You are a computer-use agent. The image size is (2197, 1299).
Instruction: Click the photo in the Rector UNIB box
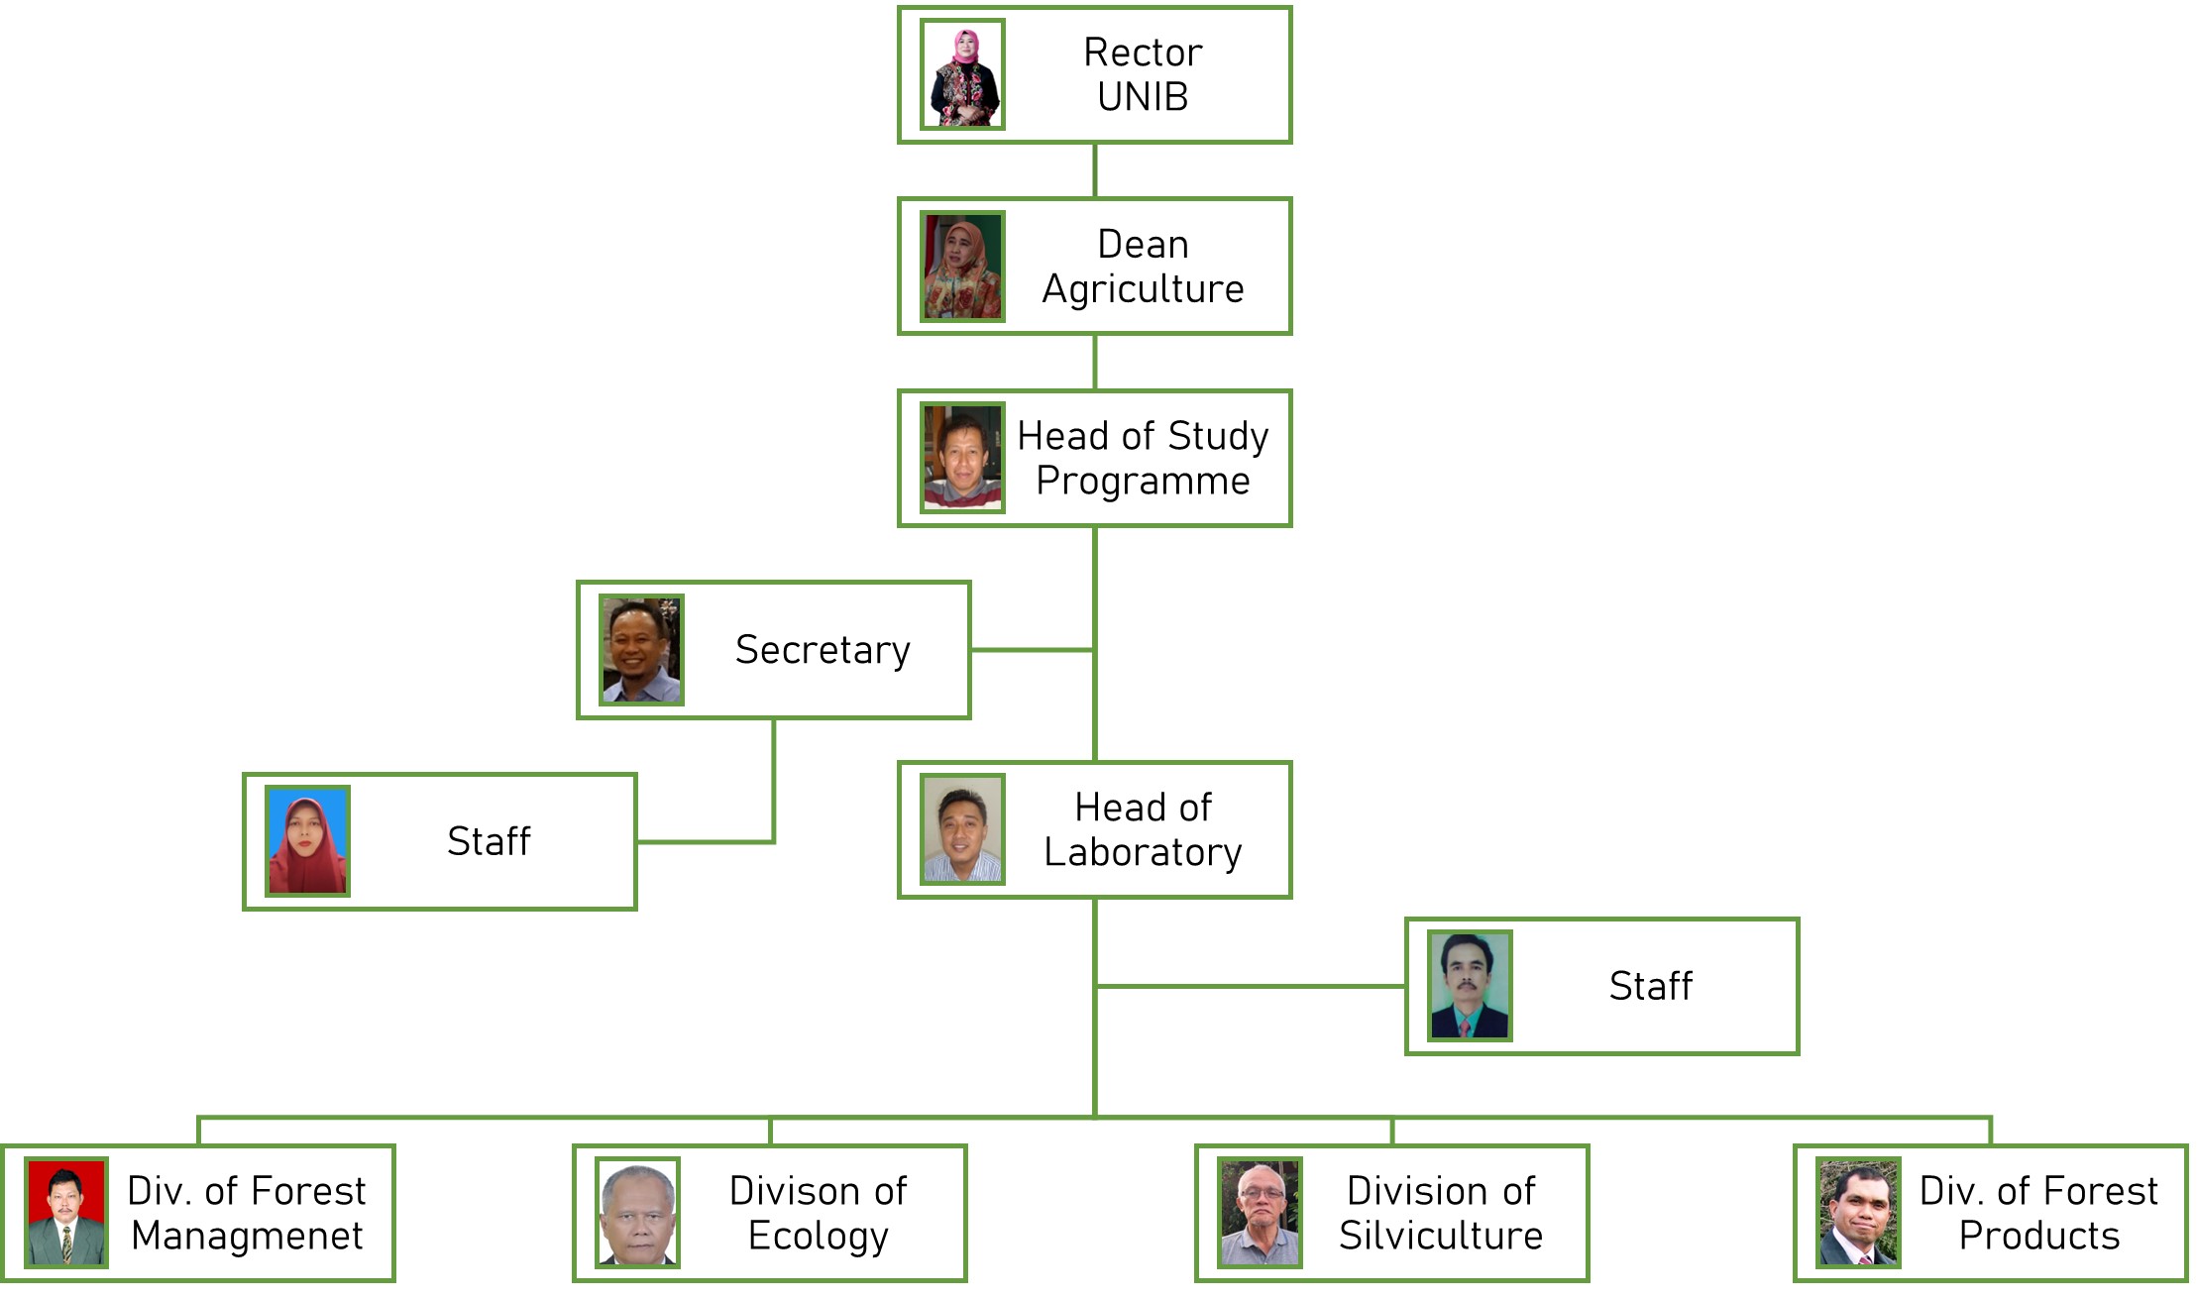pos(962,74)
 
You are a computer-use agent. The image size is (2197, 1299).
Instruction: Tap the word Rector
pos(1143,53)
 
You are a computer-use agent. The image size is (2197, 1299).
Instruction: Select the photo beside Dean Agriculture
pos(962,267)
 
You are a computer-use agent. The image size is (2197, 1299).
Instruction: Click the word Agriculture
pos(1143,289)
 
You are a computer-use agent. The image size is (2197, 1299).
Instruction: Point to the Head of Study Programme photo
pos(962,458)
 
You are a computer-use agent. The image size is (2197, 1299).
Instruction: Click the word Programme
pos(1143,482)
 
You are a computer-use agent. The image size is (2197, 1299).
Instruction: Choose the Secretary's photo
pos(641,650)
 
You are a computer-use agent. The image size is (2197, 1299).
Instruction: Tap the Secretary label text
pos(823,650)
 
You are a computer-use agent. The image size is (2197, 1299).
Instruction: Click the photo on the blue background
pos(307,841)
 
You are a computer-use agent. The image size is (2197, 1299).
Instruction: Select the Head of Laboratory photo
pos(962,829)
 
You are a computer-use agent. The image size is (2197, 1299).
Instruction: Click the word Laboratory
pos(1143,853)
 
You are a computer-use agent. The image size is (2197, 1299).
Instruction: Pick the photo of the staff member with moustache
pos(1470,986)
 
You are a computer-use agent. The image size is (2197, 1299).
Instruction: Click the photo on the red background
pos(66,1213)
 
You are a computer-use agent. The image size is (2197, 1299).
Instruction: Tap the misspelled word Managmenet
pos(247,1237)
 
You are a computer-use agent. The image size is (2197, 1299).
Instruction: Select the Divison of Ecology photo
pos(637,1213)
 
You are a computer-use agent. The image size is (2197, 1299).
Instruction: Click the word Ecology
pos(819,1237)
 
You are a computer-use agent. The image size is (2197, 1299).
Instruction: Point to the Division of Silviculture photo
pos(1260,1213)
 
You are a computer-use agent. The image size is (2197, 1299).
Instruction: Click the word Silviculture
pos(1441,1237)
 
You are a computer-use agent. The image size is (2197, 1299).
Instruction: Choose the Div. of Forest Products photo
pos(1858,1213)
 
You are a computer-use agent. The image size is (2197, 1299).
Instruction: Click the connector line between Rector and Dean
pos(1094,170)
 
